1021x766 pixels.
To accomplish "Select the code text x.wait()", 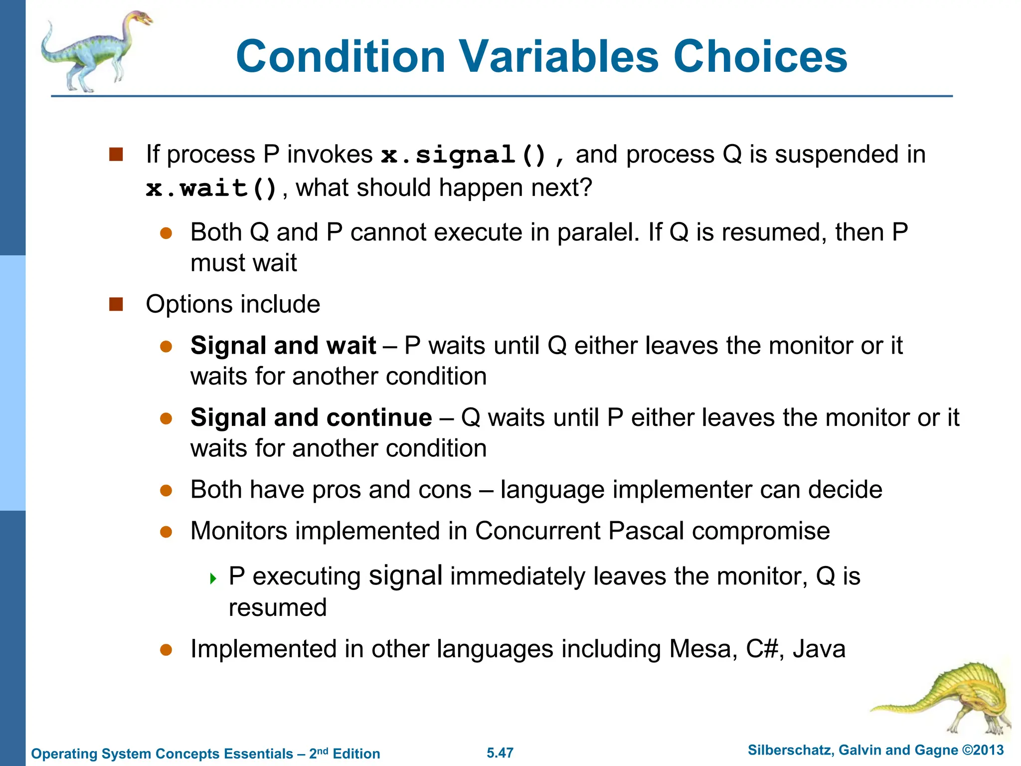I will pyautogui.click(x=211, y=189).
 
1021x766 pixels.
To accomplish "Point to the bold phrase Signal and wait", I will pyautogui.click(x=283, y=346).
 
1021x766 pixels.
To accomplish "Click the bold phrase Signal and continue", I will pyautogui.click(x=311, y=417).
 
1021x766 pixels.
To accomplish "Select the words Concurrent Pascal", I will pyautogui.click(x=579, y=531).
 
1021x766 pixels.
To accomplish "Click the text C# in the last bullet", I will pyautogui.click(x=762, y=649).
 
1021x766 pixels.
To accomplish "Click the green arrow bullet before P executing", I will pyautogui.click(x=213, y=578).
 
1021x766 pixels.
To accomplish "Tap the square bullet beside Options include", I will pyautogui.click(x=116, y=304).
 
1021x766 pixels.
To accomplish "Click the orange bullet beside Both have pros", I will pyautogui.click(x=166, y=490).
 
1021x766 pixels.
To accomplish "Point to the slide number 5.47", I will pyautogui.click(x=500, y=753).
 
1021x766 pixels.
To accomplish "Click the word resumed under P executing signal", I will pyautogui.click(x=277, y=608).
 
